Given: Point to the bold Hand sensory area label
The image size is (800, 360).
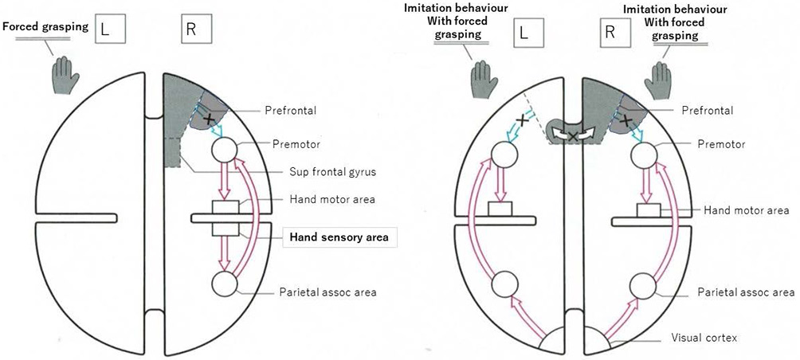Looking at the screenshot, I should coord(338,237).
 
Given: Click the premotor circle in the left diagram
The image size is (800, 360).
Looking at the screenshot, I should coord(225,150).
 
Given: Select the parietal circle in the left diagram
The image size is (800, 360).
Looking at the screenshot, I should coord(225,283).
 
